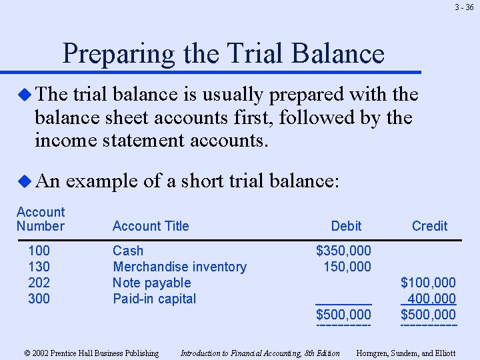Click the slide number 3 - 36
(x=465, y=8)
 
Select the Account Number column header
(x=41, y=219)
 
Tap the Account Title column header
(x=151, y=226)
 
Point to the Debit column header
(x=346, y=226)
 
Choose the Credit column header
(x=429, y=226)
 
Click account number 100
(x=39, y=251)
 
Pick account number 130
(x=39, y=267)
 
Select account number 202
(x=39, y=283)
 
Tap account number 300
(x=39, y=299)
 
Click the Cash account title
(x=128, y=251)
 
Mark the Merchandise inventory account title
(x=179, y=267)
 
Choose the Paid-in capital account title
(x=154, y=299)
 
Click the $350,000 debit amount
(x=343, y=251)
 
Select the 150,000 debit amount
(x=347, y=267)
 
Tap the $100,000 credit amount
(x=428, y=283)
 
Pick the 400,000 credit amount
(x=431, y=299)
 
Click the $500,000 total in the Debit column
(x=343, y=315)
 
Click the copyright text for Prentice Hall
(x=91, y=353)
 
